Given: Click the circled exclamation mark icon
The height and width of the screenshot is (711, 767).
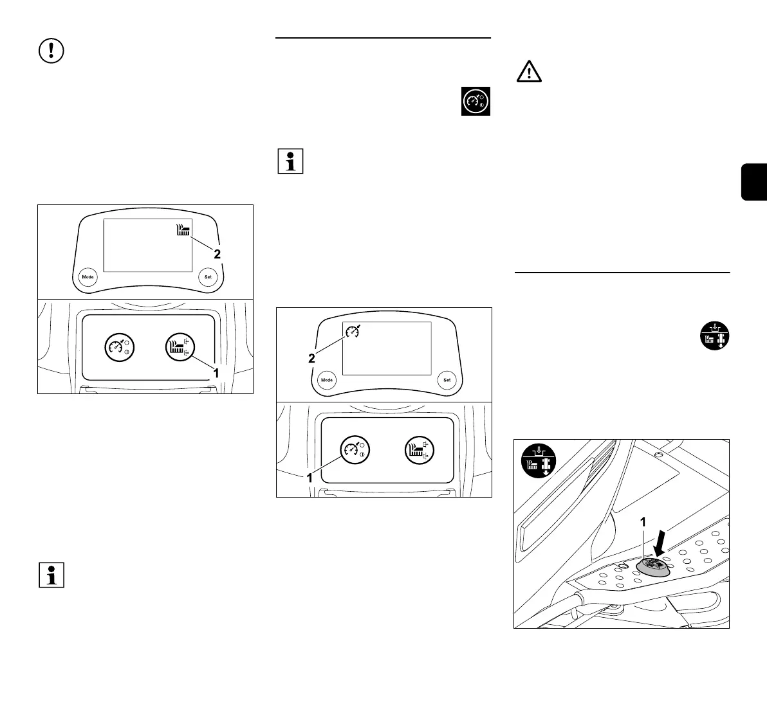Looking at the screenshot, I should click(52, 51).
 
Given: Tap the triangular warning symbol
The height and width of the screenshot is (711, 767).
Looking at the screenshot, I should click(529, 72).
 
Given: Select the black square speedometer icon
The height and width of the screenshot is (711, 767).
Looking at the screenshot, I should click(476, 101).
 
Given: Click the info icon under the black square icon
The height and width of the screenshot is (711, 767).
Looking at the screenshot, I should click(290, 161).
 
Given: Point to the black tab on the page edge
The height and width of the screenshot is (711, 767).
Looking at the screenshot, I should click(754, 183).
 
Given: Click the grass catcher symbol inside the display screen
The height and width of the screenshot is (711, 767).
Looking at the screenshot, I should click(184, 231).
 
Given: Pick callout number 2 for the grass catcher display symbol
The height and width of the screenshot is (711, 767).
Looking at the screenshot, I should click(217, 254).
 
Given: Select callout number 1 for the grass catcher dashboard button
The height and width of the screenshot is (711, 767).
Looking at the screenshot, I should click(216, 372).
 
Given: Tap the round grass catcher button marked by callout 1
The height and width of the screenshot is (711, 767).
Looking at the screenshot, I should click(180, 346).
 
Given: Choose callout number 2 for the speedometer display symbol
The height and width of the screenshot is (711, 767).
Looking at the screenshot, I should click(311, 359).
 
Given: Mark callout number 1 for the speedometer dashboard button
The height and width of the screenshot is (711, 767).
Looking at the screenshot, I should click(310, 478).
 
